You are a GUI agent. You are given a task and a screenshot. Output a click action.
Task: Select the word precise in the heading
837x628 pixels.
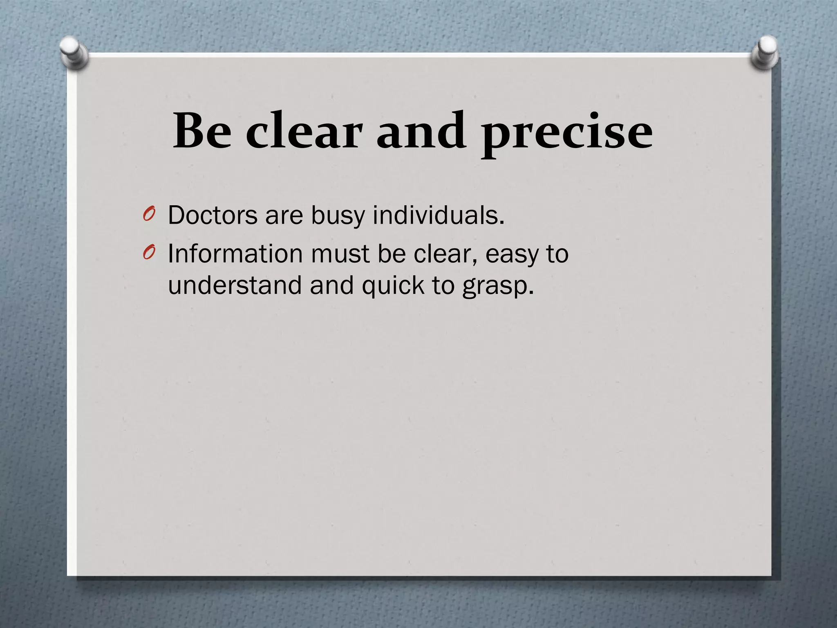(x=566, y=133)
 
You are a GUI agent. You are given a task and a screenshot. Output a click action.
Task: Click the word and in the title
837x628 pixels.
(x=421, y=131)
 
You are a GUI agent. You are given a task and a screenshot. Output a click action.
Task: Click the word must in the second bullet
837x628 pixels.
(x=340, y=254)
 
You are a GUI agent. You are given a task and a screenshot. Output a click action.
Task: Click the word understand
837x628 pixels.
(x=235, y=285)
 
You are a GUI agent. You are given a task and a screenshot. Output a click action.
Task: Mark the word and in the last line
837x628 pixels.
(x=331, y=285)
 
